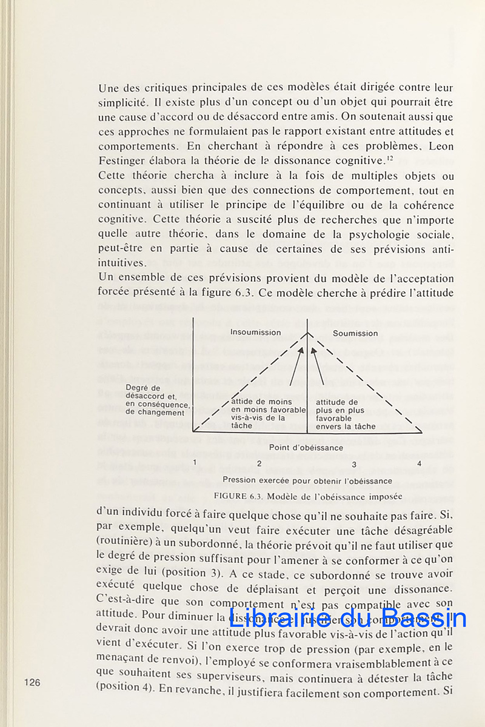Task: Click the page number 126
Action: (32, 683)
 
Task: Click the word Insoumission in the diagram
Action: (255, 333)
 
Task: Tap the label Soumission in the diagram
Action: (355, 333)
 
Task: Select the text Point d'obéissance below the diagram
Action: (306, 448)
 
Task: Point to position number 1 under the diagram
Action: (195, 463)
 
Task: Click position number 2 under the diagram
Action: (259, 464)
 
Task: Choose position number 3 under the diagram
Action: (354, 465)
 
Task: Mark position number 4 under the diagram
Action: (419, 464)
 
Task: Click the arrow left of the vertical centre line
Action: (296, 367)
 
